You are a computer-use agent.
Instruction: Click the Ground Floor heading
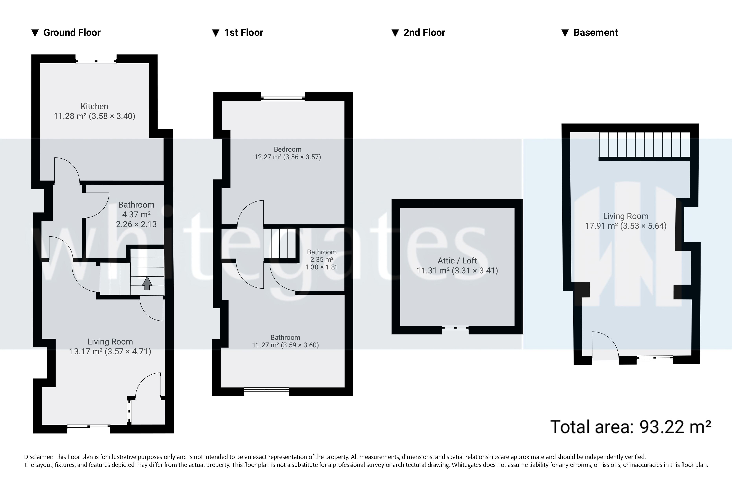click(72, 33)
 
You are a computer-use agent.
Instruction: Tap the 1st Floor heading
click(243, 33)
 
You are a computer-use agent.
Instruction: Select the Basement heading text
click(595, 33)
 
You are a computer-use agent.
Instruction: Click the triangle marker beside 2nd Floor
click(395, 33)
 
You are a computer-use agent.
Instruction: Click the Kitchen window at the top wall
click(96, 61)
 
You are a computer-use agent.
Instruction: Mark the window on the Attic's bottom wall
click(455, 328)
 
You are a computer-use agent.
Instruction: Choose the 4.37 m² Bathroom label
click(136, 215)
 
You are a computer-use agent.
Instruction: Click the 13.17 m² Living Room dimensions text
click(110, 351)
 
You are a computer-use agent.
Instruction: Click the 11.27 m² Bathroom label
click(285, 341)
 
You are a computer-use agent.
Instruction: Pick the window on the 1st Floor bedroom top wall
click(283, 99)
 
